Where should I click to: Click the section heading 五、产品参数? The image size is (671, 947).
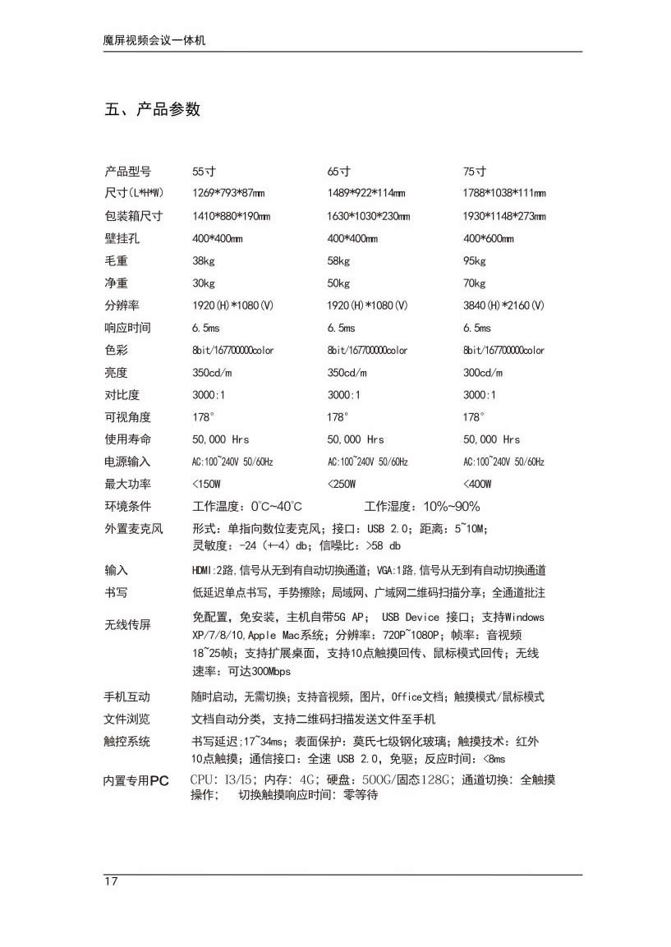point(153,109)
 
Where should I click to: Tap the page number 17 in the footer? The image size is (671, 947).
point(111,881)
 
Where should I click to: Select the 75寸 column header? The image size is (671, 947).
point(475,172)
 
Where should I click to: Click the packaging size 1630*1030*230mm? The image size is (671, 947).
point(368,217)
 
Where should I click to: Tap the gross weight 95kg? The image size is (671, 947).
point(475,261)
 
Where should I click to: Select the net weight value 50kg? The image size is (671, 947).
point(338,283)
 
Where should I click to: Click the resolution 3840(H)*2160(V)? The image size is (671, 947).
point(503,306)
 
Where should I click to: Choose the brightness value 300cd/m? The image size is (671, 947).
point(483,372)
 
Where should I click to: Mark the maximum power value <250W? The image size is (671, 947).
point(342,484)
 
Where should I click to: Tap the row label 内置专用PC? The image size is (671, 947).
point(136,781)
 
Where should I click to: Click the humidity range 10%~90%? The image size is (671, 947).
point(452,506)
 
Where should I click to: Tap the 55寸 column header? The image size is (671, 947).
point(204,172)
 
